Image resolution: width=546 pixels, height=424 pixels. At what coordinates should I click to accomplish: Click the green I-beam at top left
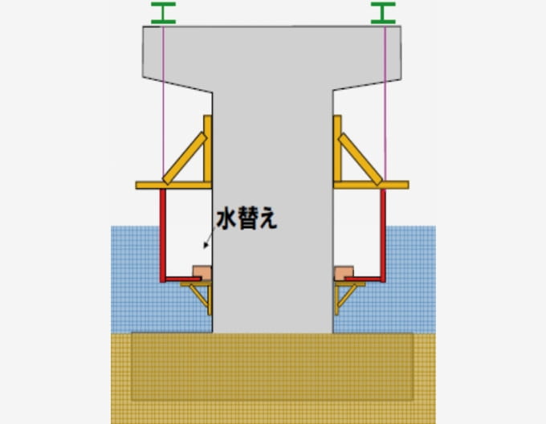163,13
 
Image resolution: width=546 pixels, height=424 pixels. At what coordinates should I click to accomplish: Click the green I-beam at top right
383,13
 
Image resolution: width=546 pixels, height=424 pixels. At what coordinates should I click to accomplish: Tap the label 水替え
247,219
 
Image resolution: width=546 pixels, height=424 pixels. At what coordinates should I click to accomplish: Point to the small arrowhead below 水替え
206,246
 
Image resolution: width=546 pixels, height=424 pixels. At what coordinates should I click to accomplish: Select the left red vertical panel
163,235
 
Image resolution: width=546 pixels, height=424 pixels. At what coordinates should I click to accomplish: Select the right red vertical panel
383,235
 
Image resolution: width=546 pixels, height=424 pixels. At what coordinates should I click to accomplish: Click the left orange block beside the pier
202,272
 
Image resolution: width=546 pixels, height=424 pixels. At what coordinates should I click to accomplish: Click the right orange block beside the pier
344,272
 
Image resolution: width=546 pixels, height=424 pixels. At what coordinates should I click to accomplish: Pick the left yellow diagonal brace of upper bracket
185,158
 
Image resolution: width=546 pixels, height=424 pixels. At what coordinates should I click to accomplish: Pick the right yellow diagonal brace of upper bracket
361,159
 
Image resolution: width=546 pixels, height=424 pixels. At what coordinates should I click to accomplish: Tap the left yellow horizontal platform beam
173,185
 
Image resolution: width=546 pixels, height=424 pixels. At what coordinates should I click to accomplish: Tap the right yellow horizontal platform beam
371,185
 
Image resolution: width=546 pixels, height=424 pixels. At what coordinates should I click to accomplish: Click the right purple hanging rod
385,104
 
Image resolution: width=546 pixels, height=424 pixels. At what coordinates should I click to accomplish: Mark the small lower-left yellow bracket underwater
197,299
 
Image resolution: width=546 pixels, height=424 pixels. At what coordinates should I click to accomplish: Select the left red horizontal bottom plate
183,279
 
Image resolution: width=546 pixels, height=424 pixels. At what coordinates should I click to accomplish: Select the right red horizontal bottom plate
363,279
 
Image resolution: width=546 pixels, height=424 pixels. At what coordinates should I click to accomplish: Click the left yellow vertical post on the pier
207,149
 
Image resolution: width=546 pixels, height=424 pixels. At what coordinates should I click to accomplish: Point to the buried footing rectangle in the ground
273,366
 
